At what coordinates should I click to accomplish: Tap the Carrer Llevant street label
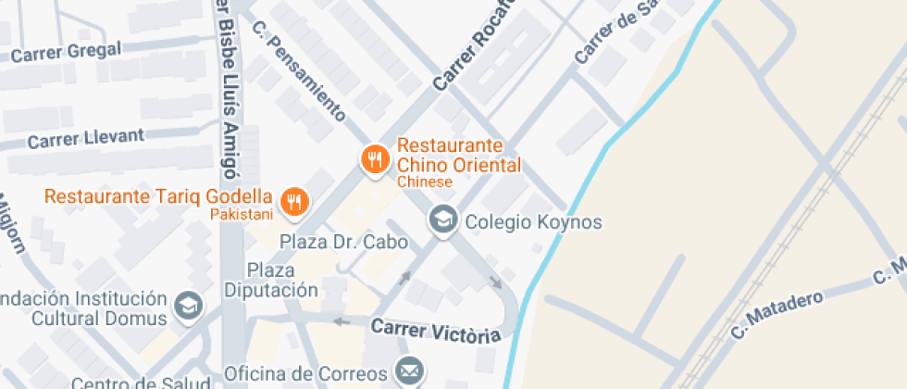[x=86, y=139]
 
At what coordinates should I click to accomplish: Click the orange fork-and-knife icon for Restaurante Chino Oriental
[x=375, y=158]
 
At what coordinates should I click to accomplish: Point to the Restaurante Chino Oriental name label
[x=458, y=156]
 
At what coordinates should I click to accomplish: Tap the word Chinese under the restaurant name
[x=425, y=182]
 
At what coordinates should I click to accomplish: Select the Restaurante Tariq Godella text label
[x=158, y=197]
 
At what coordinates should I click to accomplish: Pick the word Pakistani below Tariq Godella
[x=242, y=215]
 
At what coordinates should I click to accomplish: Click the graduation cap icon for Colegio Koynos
[x=443, y=220]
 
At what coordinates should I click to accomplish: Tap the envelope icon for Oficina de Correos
[x=408, y=371]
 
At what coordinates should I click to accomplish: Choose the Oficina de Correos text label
[x=306, y=374]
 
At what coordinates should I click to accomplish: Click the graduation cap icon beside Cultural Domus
[x=189, y=304]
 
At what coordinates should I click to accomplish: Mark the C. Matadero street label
[x=777, y=315]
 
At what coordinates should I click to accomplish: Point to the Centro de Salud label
[x=129, y=383]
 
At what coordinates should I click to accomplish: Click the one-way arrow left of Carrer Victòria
[x=342, y=321]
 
